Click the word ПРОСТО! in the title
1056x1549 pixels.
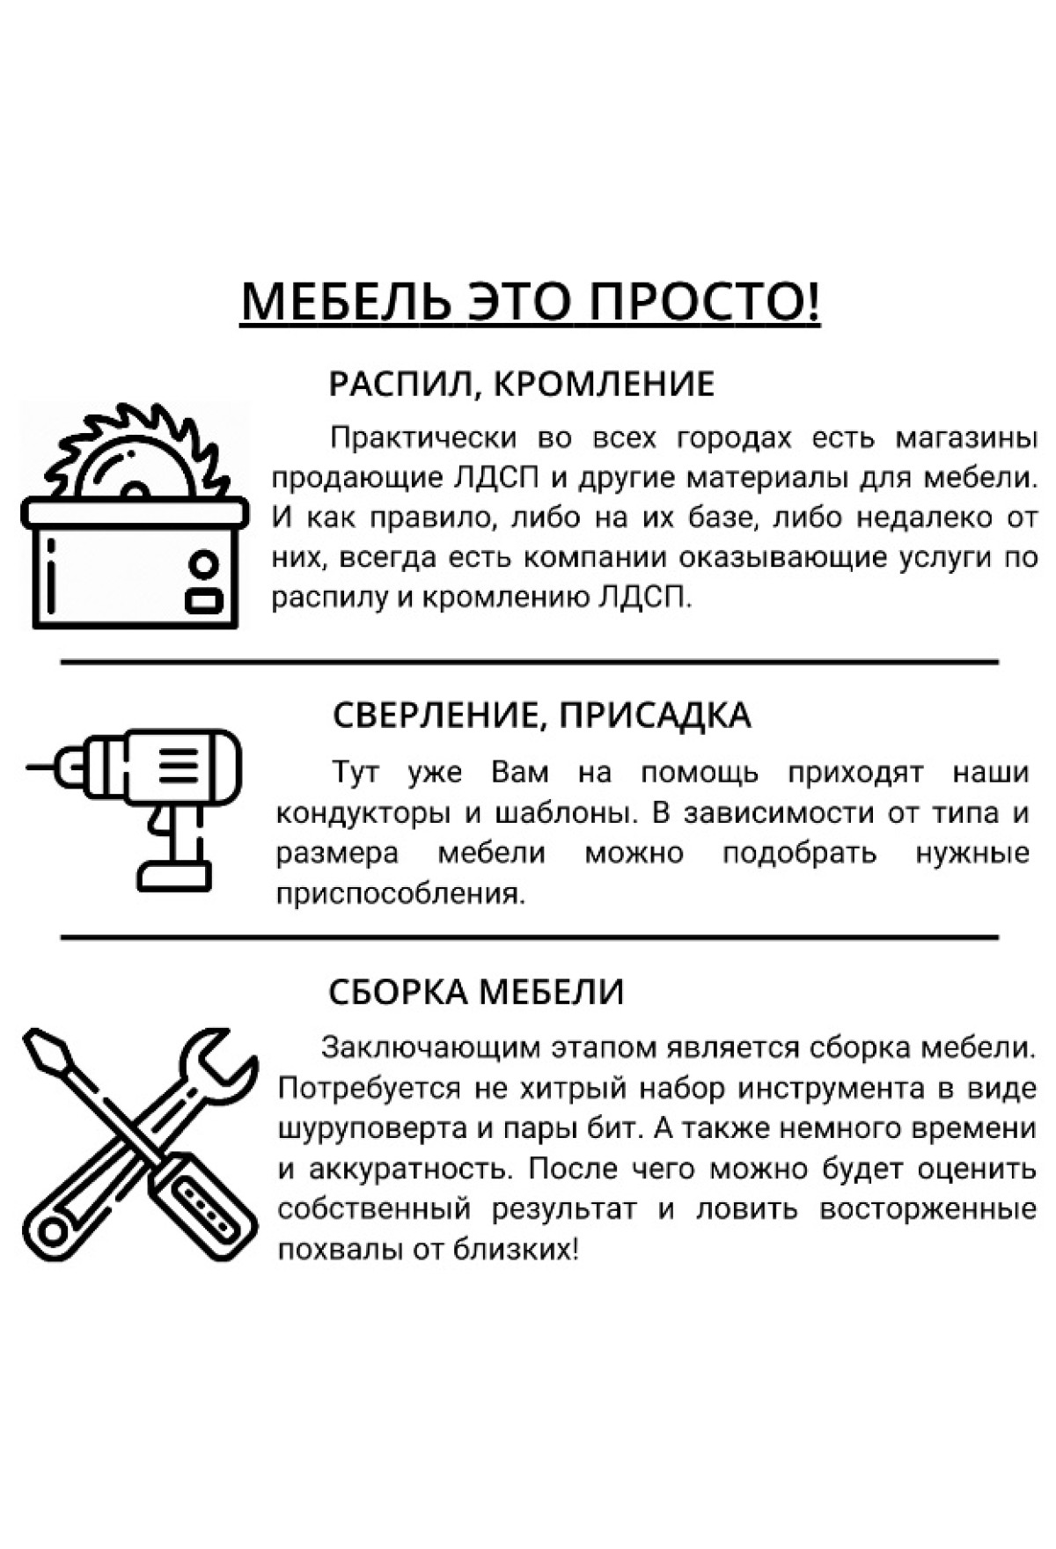tap(704, 301)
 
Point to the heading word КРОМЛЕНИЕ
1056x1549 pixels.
tap(603, 385)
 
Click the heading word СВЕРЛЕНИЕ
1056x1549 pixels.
tap(432, 716)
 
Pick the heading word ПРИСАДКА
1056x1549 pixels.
tap(655, 715)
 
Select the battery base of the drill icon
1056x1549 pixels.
tap(174, 875)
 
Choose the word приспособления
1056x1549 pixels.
tap(400, 895)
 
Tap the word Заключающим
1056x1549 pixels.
tap(430, 1048)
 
